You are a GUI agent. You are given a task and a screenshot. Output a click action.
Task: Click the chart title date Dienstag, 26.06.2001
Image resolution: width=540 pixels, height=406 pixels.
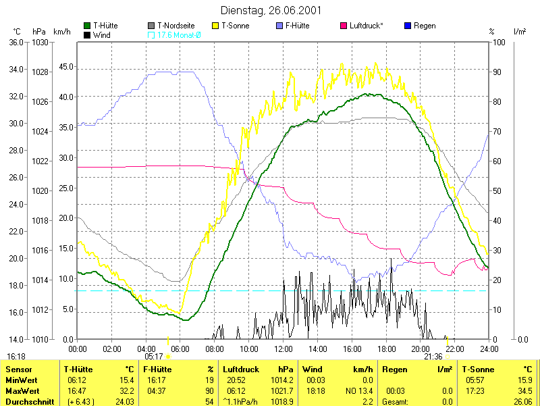(x=270, y=10)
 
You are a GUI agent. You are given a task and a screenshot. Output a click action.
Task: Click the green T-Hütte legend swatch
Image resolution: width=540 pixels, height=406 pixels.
(x=87, y=26)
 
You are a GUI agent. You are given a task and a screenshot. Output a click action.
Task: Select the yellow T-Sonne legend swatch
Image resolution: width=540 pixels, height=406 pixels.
(x=217, y=26)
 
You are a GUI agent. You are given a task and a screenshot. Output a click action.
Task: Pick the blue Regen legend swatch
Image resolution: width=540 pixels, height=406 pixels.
(x=408, y=26)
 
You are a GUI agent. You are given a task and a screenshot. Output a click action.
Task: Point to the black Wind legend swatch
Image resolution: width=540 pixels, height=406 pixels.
(x=87, y=34)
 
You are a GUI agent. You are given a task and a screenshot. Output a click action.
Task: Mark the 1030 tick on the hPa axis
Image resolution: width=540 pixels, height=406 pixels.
(x=40, y=42)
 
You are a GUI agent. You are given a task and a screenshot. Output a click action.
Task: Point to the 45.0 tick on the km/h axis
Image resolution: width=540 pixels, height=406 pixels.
(x=65, y=67)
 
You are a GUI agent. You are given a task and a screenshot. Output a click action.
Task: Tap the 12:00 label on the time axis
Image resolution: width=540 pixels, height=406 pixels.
(x=283, y=349)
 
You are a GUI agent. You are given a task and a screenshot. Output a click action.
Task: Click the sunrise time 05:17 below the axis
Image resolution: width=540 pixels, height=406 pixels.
(x=154, y=356)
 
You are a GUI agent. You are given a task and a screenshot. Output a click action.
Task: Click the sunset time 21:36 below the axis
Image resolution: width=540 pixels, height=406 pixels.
(x=433, y=356)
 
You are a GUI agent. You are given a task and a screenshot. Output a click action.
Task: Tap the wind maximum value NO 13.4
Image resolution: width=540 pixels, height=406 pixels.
(x=358, y=391)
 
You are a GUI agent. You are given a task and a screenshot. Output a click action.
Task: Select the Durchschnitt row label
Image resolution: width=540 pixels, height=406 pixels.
(x=26, y=401)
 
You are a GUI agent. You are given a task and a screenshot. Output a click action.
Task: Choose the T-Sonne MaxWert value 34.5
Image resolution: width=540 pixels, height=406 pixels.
(x=523, y=391)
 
